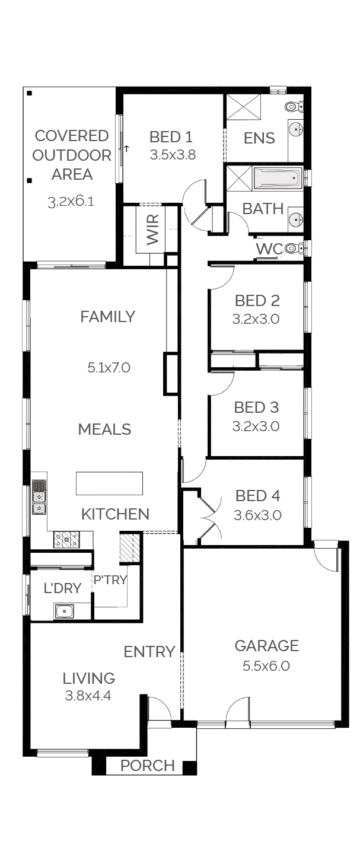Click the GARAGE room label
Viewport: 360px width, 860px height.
click(x=267, y=645)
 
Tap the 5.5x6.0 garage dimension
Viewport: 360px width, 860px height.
click(x=266, y=665)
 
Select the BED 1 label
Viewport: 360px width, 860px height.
click(x=171, y=136)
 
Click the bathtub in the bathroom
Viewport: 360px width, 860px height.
click(x=276, y=178)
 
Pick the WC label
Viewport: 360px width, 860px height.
click(x=269, y=249)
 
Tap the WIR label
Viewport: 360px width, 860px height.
click(x=153, y=230)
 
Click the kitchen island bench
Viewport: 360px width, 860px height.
click(x=109, y=483)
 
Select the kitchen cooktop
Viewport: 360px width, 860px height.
click(x=67, y=539)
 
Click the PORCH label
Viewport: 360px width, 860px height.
click(x=148, y=766)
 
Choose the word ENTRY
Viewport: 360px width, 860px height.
click(x=149, y=652)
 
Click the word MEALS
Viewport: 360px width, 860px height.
click(x=104, y=429)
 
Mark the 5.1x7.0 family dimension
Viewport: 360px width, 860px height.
click(x=109, y=367)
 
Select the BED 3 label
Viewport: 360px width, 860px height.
click(x=256, y=407)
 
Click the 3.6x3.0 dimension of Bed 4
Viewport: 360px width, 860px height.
click(x=257, y=515)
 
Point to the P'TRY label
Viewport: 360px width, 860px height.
click(x=110, y=579)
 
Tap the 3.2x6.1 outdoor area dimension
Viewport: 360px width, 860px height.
click(x=71, y=201)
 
